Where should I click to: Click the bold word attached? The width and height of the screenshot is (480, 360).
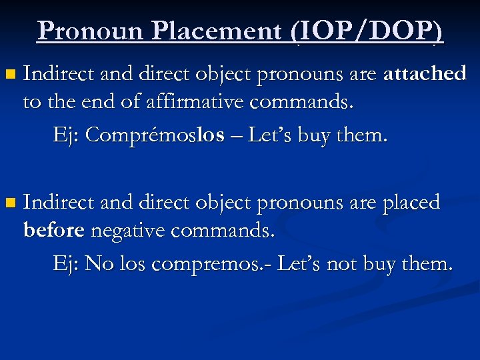pyautogui.click(x=425, y=73)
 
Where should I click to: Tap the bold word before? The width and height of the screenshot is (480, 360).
pyautogui.click(x=53, y=231)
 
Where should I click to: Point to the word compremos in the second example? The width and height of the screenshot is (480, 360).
pyautogui.click(x=203, y=264)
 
